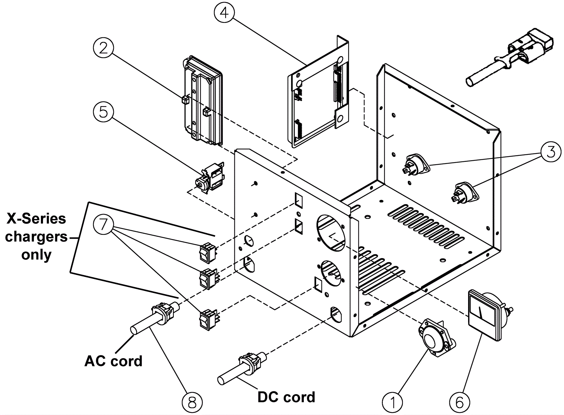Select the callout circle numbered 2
[x=103, y=48]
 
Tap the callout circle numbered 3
[x=551, y=152]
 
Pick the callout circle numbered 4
[x=224, y=13]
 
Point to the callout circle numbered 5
[x=103, y=112]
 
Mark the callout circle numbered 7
[x=103, y=224]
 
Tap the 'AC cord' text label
[x=113, y=361]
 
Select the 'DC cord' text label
[x=286, y=397]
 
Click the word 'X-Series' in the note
[x=36, y=219]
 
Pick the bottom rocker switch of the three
[x=208, y=319]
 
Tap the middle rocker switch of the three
[x=208, y=279]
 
